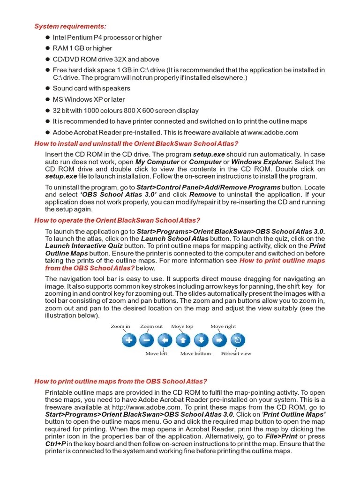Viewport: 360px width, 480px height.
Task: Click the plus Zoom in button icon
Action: (129, 340)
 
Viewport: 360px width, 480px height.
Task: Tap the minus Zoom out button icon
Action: (147, 340)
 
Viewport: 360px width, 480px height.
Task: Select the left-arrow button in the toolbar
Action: (165, 340)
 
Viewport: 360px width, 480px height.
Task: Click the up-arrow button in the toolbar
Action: (183, 340)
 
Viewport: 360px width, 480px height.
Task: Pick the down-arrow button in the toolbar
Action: (201, 340)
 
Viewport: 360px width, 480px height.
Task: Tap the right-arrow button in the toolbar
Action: (219, 340)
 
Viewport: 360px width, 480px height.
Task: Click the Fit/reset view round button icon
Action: (237, 340)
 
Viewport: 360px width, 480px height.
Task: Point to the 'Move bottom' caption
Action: (195, 353)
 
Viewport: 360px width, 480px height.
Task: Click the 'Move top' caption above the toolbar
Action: (182, 326)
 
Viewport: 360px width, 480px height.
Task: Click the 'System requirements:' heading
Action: (70, 26)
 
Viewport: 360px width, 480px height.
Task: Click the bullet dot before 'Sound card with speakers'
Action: (47, 88)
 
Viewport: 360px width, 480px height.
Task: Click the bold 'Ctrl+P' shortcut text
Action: (55, 444)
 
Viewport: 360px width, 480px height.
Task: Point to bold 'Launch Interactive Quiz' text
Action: (84, 246)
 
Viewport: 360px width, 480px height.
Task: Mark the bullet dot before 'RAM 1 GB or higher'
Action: (47, 48)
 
